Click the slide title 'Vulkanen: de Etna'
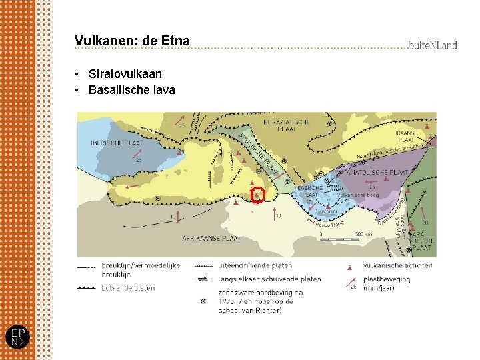132,41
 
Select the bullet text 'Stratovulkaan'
125,74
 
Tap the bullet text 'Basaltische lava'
131,90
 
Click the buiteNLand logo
433,45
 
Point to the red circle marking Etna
257,195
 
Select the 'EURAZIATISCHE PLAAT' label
287,126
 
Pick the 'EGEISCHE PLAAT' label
311,192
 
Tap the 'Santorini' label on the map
327,211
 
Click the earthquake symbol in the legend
203,301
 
